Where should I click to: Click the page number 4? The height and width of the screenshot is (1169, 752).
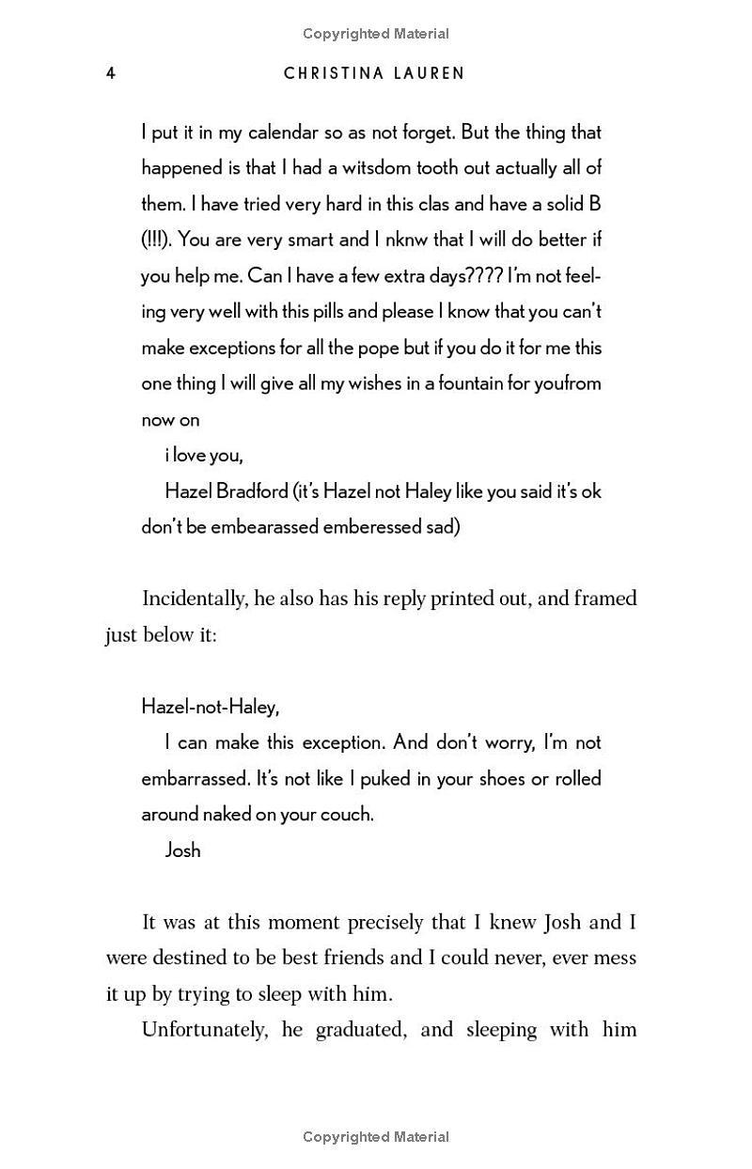(111, 73)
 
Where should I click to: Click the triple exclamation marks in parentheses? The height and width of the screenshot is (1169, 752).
(156, 240)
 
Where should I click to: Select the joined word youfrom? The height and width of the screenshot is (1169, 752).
(568, 383)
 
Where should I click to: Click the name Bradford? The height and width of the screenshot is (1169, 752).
(251, 491)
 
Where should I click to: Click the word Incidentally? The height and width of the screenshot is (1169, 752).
(194, 599)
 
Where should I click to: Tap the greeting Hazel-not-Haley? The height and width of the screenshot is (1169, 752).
(210, 707)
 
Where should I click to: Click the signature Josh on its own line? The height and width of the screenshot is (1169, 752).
(182, 849)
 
